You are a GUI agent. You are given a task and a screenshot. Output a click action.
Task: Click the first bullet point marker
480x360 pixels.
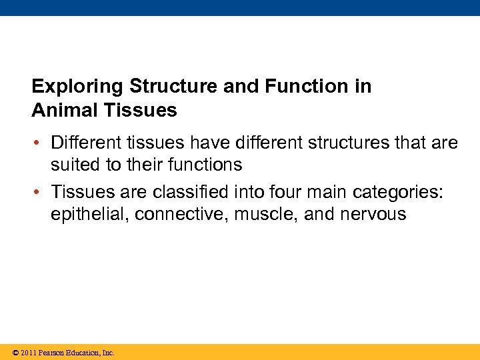[41, 143]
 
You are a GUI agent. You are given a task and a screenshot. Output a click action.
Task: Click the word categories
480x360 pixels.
[400, 193]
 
